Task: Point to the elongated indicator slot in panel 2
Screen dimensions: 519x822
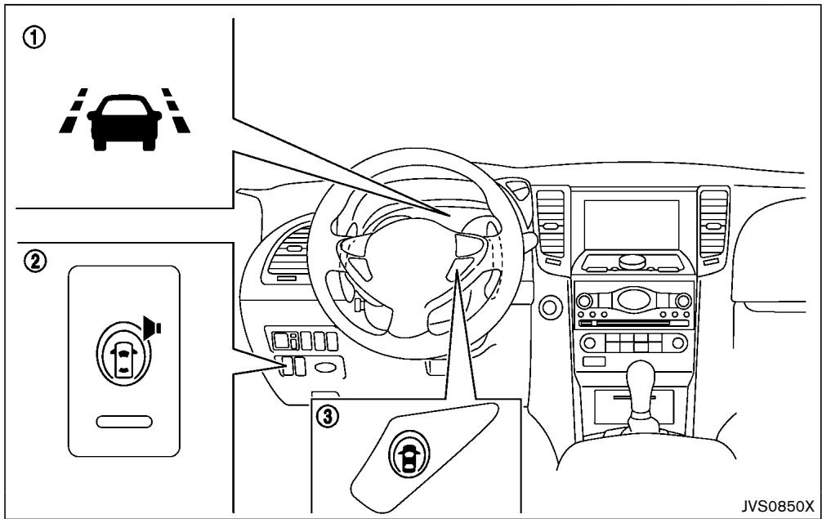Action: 123,421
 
